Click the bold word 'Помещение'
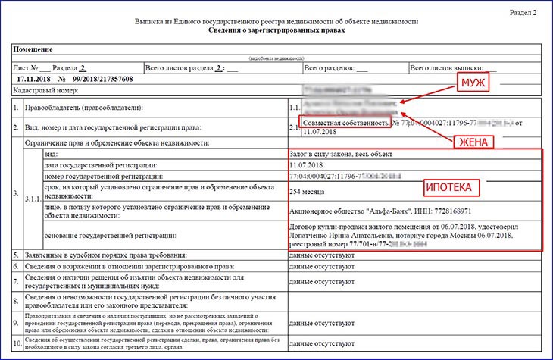(31, 47)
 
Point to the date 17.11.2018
(31, 79)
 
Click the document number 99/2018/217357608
(103, 79)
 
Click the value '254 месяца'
(306, 191)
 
